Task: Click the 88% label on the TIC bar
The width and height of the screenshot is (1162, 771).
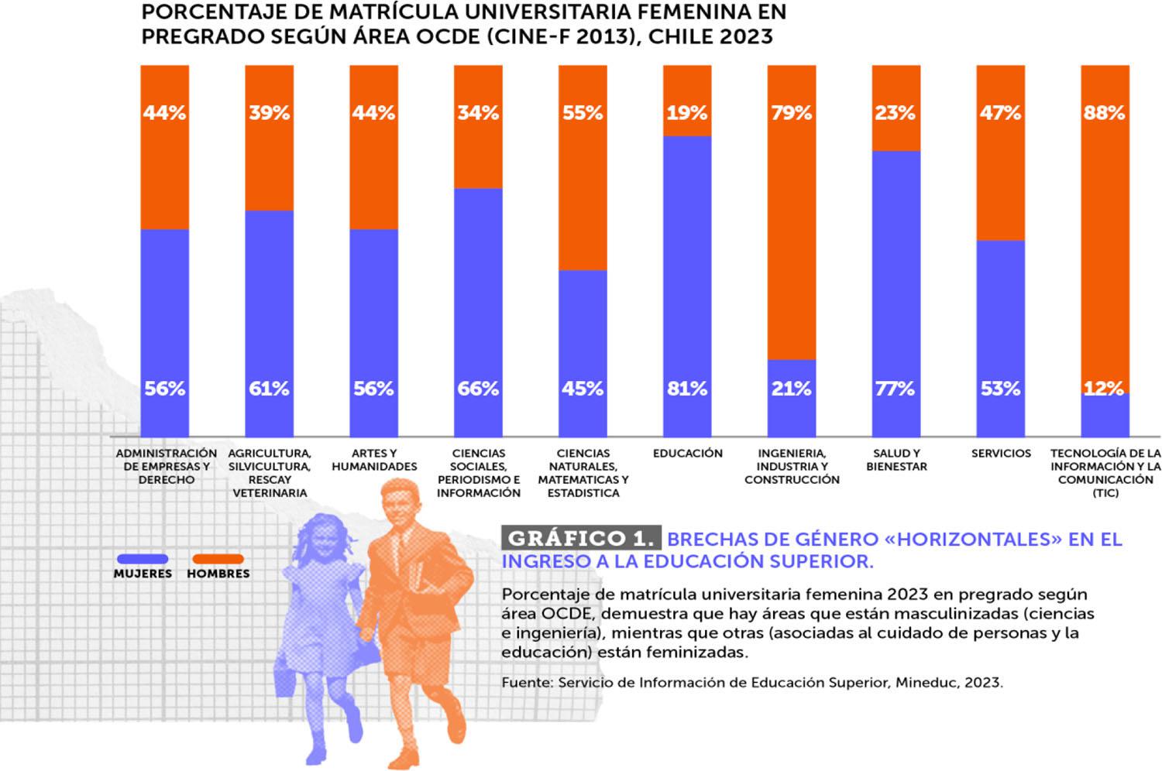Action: [x=1104, y=113]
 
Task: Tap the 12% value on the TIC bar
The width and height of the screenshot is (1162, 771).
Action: [x=1104, y=389]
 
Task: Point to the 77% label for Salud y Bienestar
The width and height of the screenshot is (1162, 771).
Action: [x=896, y=389]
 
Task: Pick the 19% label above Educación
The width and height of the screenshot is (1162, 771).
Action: [x=687, y=113]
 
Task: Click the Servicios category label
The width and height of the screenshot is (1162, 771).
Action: [x=1001, y=454]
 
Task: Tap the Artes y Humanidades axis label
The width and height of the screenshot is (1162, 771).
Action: [x=374, y=460]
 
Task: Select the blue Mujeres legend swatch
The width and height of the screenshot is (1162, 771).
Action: [x=143, y=559]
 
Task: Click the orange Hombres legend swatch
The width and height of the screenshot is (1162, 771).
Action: [x=218, y=559]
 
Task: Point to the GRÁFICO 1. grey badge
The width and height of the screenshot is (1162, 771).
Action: [x=581, y=539]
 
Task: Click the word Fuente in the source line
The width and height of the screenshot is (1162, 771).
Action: [x=525, y=683]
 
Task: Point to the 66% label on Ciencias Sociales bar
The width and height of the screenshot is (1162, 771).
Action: [x=478, y=389]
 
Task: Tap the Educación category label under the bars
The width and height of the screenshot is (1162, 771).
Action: [x=687, y=454]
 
